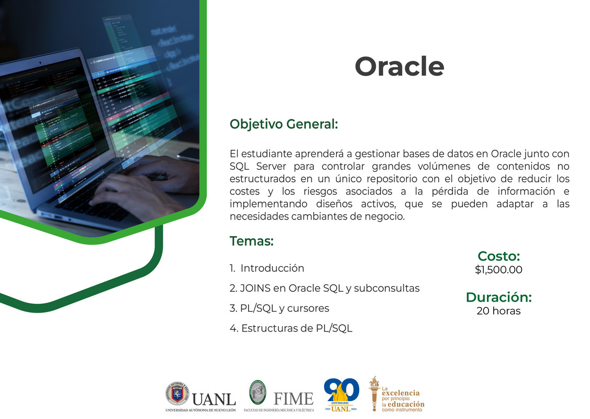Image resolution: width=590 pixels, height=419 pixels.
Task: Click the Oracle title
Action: click(x=399, y=67)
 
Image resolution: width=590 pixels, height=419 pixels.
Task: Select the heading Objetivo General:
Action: click(x=284, y=124)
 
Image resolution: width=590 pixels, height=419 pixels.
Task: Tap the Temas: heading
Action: click(x=251, y=241)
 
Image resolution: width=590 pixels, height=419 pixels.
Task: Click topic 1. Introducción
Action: click(x=266, y=268)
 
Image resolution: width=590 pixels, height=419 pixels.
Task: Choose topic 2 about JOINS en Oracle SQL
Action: click(x=325, y=288)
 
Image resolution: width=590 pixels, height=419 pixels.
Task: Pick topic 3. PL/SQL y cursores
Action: click(x=279, y=308)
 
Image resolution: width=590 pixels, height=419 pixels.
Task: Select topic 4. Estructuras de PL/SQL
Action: click(x=291, y=328)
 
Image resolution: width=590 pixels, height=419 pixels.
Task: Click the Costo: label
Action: click(x=498, y=256)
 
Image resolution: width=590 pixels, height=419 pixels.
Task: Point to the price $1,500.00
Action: click(x=498, y=270)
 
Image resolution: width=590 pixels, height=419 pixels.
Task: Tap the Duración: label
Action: click(x=498, y=297)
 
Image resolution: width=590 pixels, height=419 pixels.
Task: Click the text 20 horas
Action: click(x=498, y=311)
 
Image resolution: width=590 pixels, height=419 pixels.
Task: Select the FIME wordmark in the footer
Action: click(x=293, y=398)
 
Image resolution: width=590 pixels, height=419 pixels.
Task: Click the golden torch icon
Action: click(x=374, y=393)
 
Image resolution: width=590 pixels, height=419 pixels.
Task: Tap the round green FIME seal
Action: click(x=257, y=391)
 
